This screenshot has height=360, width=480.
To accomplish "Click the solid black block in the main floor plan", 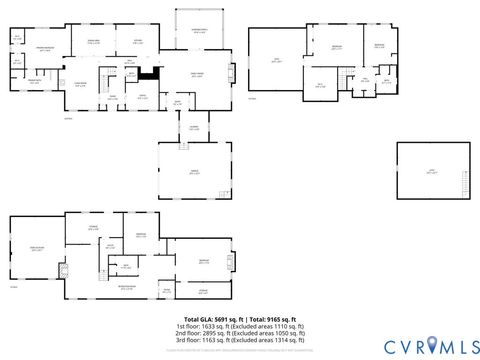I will click(149, 71).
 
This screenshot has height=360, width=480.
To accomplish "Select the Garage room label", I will click(194, 171).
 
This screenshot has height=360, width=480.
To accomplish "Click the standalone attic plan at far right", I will click(433, 171).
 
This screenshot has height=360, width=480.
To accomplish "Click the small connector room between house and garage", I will click(194, 127).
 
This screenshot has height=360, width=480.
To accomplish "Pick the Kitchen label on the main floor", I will click(139, 42).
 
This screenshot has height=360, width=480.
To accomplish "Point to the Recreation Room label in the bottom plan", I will click(128, 287).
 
